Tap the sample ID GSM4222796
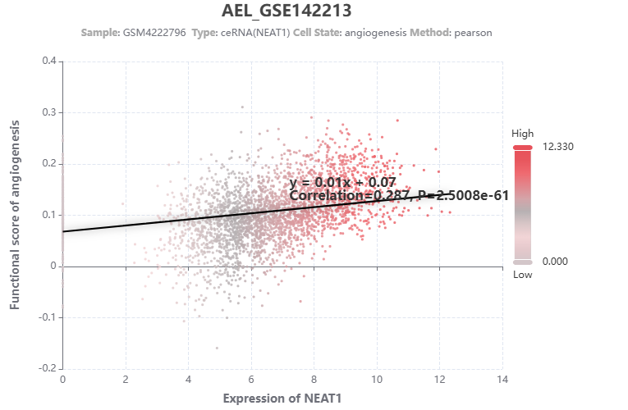tap(154, 32)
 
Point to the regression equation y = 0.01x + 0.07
tap(342, 182)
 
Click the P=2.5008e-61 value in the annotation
tap(464, 195)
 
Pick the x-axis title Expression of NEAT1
tap(282, 398)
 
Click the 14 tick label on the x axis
tap(502, 380)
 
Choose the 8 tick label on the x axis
tap(314, 380)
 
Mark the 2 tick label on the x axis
tap(126, 380)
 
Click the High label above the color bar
tap(522, 133)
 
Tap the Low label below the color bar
tap(522, 275)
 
